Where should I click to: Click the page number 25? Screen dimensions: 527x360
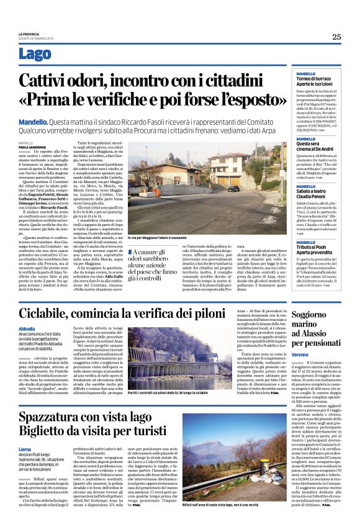(336, 37)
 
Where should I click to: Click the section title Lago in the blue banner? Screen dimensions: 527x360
(35, 53)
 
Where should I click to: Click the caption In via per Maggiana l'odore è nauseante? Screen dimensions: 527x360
(160, 238)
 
